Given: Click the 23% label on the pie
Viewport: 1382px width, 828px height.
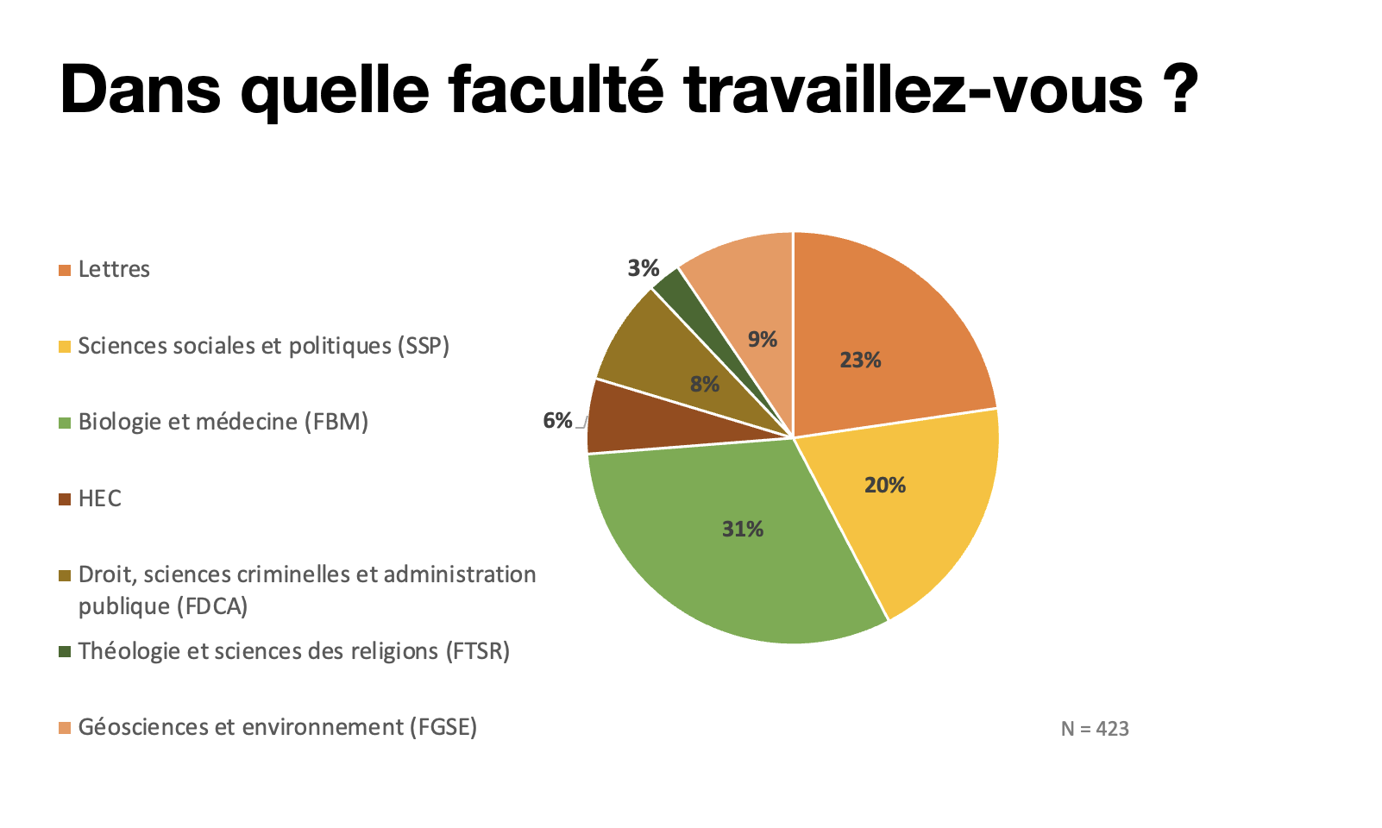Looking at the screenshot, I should tap(860, 361).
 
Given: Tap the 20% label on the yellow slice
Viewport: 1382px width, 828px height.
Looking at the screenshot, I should tap(884, 486).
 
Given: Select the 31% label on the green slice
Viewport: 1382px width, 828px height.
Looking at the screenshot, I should tap(742, 530).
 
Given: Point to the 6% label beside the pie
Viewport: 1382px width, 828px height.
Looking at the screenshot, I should tap(557, 421).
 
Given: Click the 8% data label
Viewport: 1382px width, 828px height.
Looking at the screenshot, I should tap(705, 385).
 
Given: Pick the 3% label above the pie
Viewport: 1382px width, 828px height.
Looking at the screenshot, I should tap(643, 268).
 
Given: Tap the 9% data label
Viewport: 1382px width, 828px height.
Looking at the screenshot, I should tap(762, 340).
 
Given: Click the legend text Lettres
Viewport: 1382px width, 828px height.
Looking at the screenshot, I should tap(114, 270).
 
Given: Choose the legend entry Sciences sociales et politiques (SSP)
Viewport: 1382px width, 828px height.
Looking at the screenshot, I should tap(263, 347).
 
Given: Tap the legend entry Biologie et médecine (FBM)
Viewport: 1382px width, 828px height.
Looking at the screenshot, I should tap(223, 423).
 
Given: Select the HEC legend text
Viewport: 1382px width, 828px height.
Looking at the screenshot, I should tap(99, 499).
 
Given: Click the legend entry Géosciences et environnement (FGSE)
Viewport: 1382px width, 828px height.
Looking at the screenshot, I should tap(277, 728).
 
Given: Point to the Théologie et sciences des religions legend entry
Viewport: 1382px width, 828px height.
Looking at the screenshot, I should tap(293, 651).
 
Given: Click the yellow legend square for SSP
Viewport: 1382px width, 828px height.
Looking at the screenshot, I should tap(65, 348).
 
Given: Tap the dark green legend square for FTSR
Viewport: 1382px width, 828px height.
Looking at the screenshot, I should tap(65, 652).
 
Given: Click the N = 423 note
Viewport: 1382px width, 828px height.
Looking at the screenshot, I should tap(1094, 730).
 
